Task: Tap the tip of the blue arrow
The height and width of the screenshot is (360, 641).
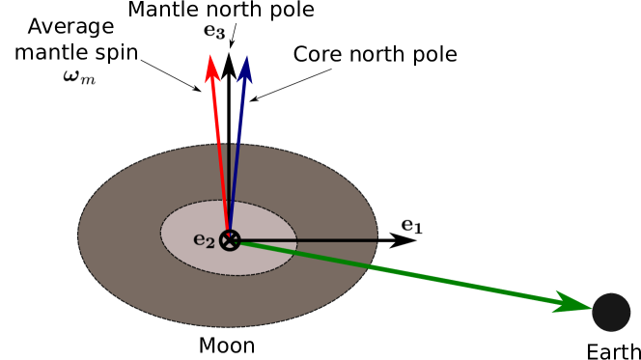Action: coord(245,57)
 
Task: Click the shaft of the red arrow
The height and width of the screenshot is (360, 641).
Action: coord(220,145)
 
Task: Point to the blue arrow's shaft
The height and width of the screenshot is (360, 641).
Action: coord(237,145)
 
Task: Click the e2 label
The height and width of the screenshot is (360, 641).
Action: coord(204,240)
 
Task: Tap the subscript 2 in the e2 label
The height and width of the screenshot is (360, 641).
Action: coord(209,243)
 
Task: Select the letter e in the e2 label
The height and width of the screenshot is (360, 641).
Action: coord(199,239)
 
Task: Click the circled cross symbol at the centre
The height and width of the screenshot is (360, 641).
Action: coord(230,240)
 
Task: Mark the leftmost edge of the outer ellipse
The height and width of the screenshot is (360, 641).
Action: coord(79,234)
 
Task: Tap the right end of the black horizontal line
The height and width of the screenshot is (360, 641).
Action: coord(376,239)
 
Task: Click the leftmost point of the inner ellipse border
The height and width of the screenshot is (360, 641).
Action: coord(161,236)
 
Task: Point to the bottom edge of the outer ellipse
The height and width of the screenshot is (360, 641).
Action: coord(228,325)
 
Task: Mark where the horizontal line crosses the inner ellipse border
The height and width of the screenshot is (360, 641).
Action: coord(296,239)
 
